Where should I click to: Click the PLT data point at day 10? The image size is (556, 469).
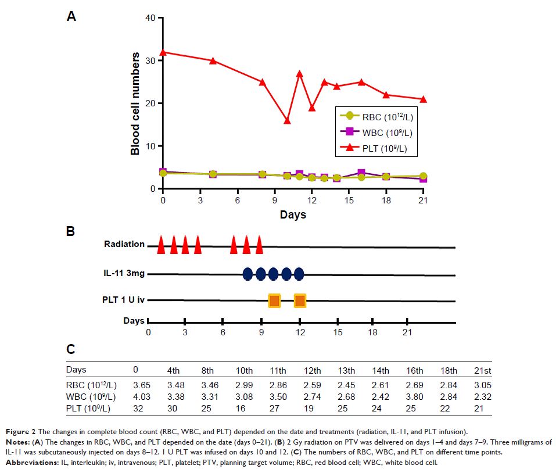287,120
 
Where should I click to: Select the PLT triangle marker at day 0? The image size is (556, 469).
163,52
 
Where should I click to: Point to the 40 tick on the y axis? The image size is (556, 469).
150,18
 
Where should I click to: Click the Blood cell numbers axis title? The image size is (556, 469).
135,103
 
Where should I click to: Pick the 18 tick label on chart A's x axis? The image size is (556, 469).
386,201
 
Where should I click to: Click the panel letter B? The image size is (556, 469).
70,231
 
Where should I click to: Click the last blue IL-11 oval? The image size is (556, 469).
299,274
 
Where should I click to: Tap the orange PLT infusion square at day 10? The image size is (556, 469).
274,300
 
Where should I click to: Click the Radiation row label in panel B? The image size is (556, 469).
124,244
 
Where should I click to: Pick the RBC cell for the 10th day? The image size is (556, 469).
244,385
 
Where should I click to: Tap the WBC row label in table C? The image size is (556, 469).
91,397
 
